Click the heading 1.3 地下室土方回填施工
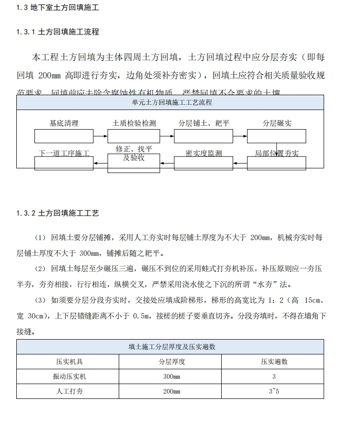coord(58,8)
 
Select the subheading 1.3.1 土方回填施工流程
coord(57,32)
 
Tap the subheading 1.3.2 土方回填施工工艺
coord(57,213)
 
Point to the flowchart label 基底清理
coord(64,123)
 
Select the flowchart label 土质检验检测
coord(134,123)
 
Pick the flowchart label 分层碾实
coord(277,123)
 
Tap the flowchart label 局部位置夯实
coord(277,154)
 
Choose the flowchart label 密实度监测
coord(204,154)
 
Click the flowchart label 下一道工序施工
coord(64,154)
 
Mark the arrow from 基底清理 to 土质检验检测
coord(100,136)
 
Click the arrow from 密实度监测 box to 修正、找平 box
coord(166,163)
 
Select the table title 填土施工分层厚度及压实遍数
coord(170,347)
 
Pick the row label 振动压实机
coord(70,376)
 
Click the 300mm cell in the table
coord(172,376)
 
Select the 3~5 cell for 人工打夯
coord(274,391)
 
